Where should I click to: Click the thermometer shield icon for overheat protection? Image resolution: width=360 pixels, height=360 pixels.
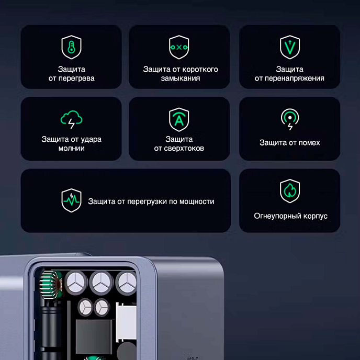[x=71, y=47]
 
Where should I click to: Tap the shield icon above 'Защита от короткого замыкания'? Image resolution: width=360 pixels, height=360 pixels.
[x=179, y=47]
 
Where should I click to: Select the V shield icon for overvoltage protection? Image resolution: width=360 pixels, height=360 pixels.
[x=289, y=47]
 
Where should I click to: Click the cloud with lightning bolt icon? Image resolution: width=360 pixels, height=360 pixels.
[x=71, y=120]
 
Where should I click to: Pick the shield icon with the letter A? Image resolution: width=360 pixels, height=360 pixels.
[x=179, y=119]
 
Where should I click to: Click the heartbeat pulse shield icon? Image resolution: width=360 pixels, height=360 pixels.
[x=71, y=201]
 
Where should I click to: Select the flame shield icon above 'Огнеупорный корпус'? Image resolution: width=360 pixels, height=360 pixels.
[x=289, y=191]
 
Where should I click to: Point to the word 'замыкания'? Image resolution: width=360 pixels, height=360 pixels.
[x=181, y=78]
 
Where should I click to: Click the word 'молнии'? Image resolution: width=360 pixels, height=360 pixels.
[x=71, y=149]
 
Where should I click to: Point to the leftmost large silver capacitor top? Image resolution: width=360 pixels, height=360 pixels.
[x=74, y=283]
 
